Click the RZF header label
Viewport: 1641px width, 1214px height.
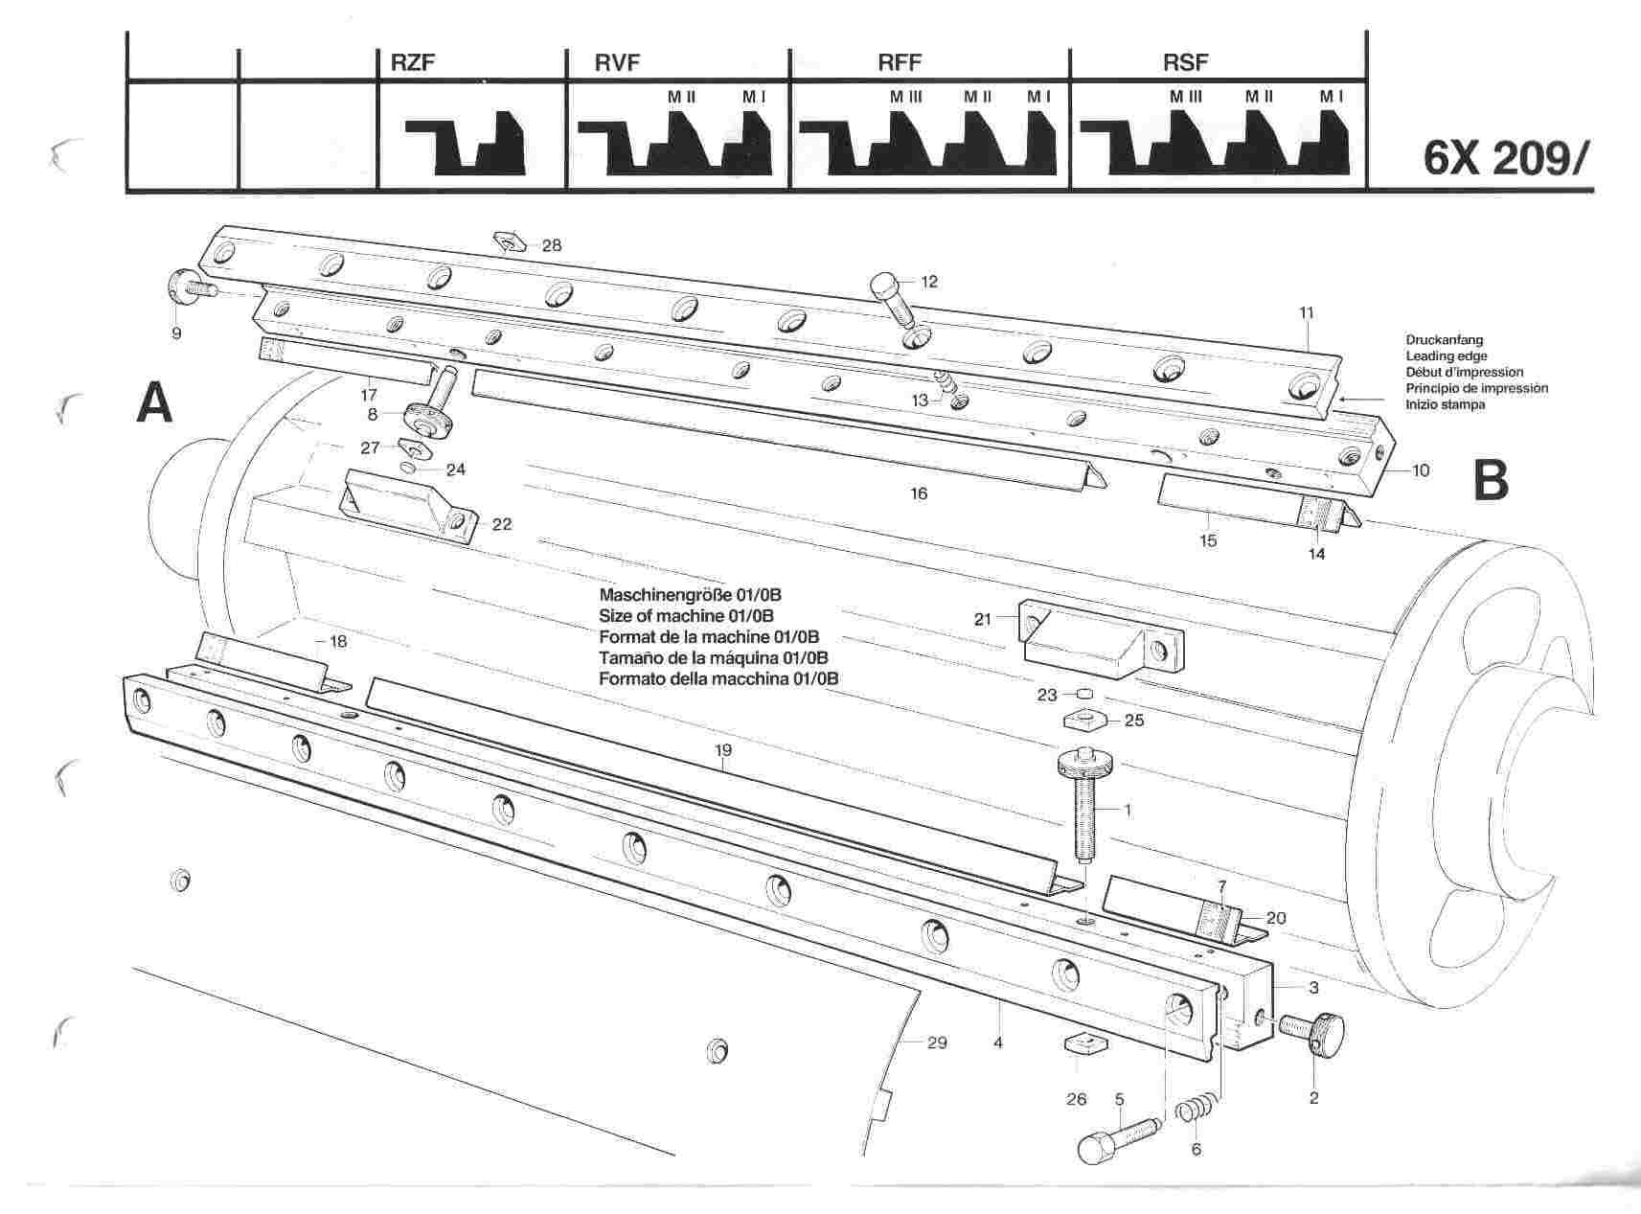[414, 64]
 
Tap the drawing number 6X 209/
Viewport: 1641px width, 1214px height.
[1504, 159]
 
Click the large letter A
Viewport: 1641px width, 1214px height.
[154, 402]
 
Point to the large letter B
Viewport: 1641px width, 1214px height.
[1490, 481]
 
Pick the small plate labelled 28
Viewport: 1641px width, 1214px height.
[508, 241]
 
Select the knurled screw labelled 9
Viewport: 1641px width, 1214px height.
[188, 286]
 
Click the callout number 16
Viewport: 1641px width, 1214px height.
[919, 494]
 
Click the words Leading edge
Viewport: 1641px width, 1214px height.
[1447, 356]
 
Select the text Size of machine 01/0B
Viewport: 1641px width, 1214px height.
[686, 615]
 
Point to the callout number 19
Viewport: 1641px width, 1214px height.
[722, 751]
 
